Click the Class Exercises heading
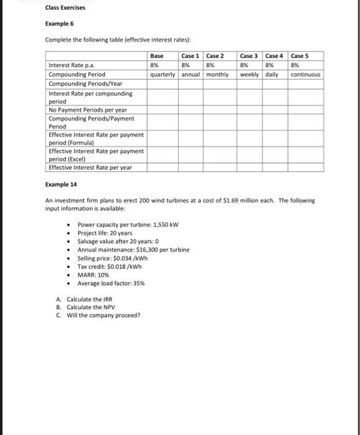point(65,8)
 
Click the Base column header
point(157,56)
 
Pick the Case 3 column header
point(250,56)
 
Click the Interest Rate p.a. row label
point(72,65)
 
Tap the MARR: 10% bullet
point(94,274)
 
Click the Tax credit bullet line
point(111,266)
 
